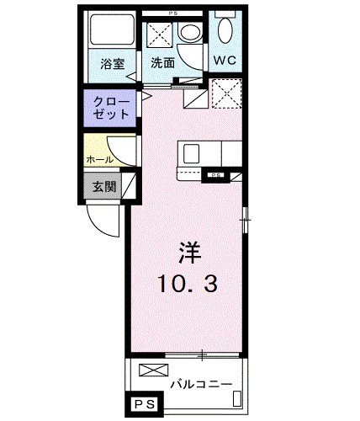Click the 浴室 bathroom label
pyautogui.click(x=113, y=64)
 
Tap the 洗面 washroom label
pyautogui.click(x=163, y=63)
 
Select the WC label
pyautogui.click(x=225, y=61)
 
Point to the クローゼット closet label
pyautogui.click(x=111, y=108)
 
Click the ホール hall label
pyautogui.click(x=100, y=160)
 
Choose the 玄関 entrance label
pyautogui.click(x=104, y=186)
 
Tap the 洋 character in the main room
pyautogui.click(x=190, y=253)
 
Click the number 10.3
pyautogui.click(x=188, y=284)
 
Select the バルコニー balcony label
pyautogui.click(x=202, y=384)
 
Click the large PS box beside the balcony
pyautogui.click(x=145, y=404)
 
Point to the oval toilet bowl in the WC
pyautogui.click(x=225, y=30)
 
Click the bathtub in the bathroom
pyautogui.click(x=112, y=29)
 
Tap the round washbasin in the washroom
pyautogui.click(x=190, y=32)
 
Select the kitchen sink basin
pyautogui.click(x=191, y=154)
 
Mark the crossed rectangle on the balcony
pyautogui.click(x=154, y=370)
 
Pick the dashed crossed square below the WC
pyautogui.click(x=227, y=93)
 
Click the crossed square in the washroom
pyautogui.click(x=160, y=35)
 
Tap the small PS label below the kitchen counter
pyautogui.click(x=215, y=175)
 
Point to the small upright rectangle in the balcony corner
pyautogui.click(x=237, y=398)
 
